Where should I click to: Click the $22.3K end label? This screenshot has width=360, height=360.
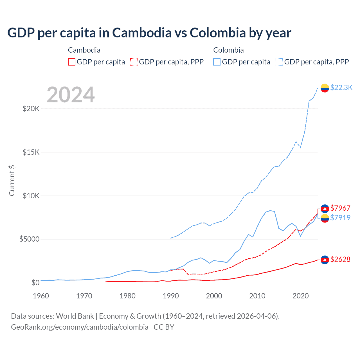pyautogui.click(x=341, y=87)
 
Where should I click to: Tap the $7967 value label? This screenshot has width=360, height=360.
pyautogui.click(x=340, y=208)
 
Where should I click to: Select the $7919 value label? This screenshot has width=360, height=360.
pyautogui.click(x=340, y=218)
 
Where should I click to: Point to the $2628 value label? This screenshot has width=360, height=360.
pyautogui.click(x=340, y=259)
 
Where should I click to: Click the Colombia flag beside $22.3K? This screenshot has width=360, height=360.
pyautogui.click(x=325, y=88)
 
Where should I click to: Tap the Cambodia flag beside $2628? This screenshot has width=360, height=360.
pyautogui.click(x=325, y=260)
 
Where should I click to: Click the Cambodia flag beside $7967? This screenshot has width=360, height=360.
pyautogui.click(x=325, y=208)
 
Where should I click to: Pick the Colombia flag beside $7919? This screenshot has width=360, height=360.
pyautogui.click(x=325, y=218)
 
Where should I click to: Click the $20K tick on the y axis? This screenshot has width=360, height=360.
pyautogui.click(x=31, y=109)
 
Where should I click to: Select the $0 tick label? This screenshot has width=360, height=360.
pyautogui.click(x=35, y=283)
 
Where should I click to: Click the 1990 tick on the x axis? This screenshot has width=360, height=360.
pyautogui.click(x=171, y=296)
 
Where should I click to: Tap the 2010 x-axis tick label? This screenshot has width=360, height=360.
pyautogui.click(x=257, y=296)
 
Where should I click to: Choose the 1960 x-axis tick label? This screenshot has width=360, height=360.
pyautogui.click(x=41, y=296)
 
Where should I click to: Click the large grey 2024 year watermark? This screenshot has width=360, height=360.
pyautogui.click(x=71, y=95)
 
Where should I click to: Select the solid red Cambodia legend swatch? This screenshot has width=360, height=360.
pyautogui.click(x=72, y=62)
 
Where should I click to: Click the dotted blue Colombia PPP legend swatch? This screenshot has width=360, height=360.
pyautogui.click(x=279, y=62)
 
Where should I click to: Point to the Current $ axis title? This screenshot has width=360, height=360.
pyautogui.click(x=12, y=181)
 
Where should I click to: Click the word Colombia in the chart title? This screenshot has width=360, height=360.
pyautogui.click(x=218, y=33)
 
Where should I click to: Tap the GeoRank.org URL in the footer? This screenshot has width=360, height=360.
pyautogui.click(x=80, y=327)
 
